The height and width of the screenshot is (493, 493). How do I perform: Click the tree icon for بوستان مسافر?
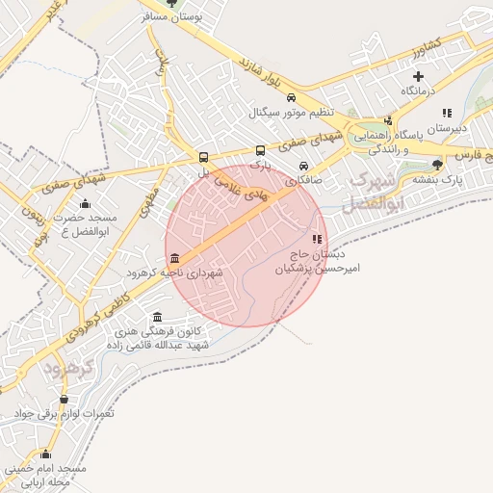coord(171,3)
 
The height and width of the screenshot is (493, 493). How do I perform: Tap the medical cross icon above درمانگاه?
coord(418,76)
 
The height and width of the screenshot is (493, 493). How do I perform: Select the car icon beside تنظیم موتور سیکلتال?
coord(291,96)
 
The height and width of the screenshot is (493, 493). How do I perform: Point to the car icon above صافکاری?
coord(304,164)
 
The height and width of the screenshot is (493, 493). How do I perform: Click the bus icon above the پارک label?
coord(260,150)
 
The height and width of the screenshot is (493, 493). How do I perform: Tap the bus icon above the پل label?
coord(203,157)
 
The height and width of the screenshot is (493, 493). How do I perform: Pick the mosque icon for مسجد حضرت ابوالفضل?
coord(85,203)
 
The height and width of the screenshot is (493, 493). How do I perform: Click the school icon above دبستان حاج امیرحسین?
coord(318,238)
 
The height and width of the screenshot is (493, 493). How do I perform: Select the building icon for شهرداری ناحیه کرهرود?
coord(173,258)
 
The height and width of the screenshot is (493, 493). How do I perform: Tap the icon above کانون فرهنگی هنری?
coord(158,317)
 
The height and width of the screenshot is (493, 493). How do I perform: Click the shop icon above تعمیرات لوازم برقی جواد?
coord(64,399)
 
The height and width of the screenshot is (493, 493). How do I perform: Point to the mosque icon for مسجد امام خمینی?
coord(45,454)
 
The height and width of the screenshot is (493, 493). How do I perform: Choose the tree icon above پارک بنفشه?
coord(438,165)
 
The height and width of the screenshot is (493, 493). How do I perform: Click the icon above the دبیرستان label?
coord(447,113)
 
